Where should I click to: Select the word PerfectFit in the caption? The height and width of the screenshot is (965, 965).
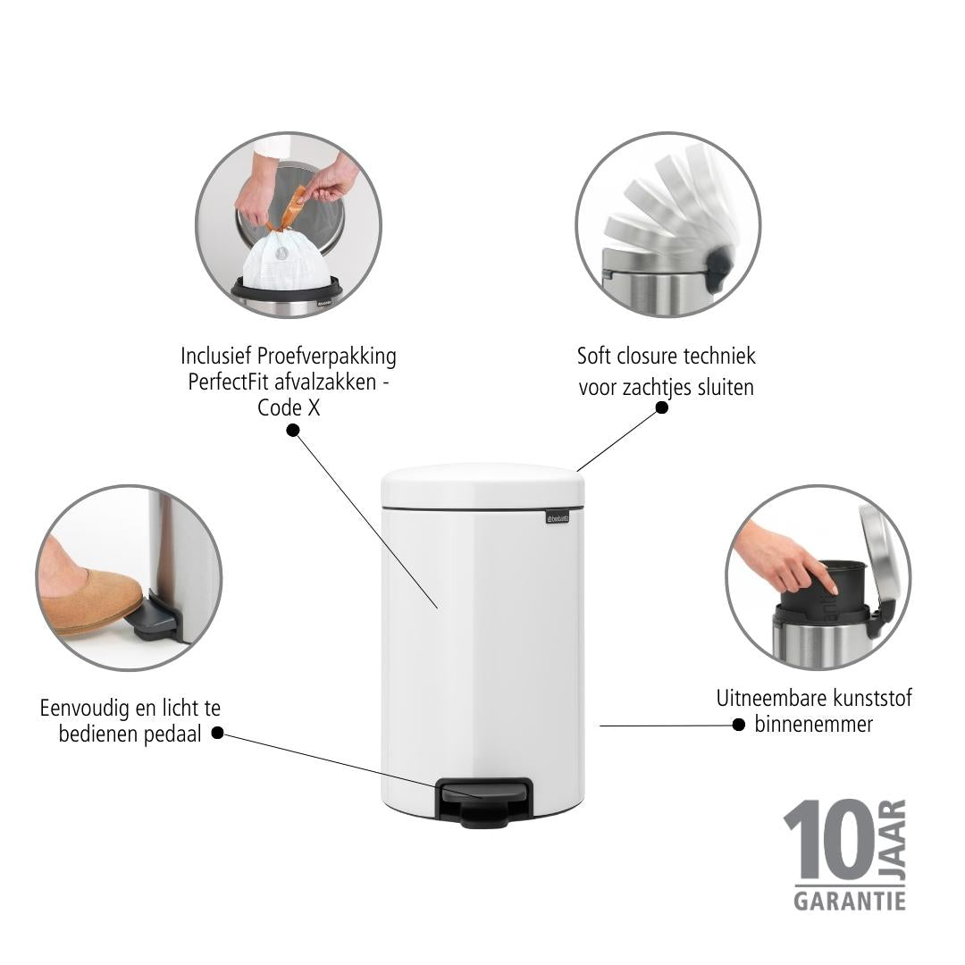click(x=228, y=382)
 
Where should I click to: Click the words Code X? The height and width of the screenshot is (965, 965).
click(x=288, y=407)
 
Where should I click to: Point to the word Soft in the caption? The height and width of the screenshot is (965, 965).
click(x=593, y=356)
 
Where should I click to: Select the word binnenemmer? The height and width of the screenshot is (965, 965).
click(x=814, y=724)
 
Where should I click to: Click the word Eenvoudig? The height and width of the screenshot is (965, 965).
click(x=79, y=709)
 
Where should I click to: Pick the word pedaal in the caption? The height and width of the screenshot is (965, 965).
click(x=175, y=734)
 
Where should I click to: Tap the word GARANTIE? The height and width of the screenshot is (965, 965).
click(x=850, y=901)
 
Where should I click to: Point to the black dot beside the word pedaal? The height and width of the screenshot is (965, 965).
click(x=217, y=733)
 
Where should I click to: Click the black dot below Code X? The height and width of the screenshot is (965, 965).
click(x=293, y=430)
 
